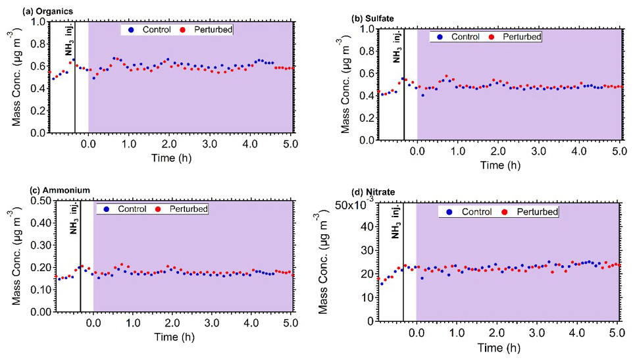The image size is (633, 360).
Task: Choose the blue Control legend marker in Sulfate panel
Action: point(440,37)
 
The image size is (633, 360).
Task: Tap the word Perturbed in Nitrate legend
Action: point(536,212)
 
